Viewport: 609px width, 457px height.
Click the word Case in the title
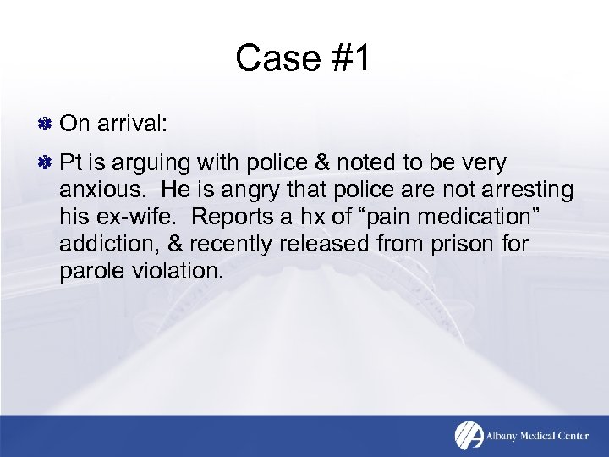pyautogui.click(x=269, y=59)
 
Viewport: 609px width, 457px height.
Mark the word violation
pyautogui.click(x=178, y=272)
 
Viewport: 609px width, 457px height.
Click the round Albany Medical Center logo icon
pyautogui.click(x=469, y=436)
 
